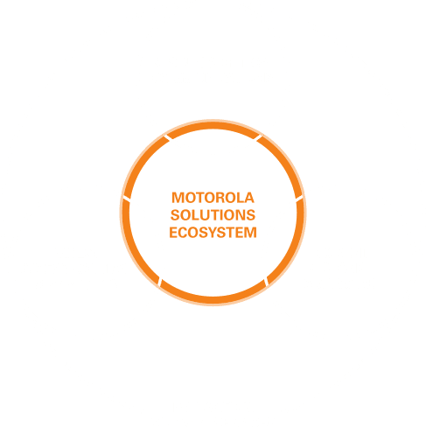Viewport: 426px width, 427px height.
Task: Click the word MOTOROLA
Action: (213, 198)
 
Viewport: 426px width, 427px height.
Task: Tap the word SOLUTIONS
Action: (213, 215)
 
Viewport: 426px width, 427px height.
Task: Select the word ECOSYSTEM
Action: (213, 233)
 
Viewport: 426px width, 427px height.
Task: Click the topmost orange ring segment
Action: (213, 126)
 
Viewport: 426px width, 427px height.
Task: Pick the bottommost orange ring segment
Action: (213, 300)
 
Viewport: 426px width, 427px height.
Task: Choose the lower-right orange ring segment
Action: (290, 248)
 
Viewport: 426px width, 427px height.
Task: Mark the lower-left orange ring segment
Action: (136, 248)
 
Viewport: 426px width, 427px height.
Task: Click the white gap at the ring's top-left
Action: (167, 137)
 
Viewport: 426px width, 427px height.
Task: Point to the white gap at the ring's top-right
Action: (258, 137)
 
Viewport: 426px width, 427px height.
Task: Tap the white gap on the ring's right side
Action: (299, 199)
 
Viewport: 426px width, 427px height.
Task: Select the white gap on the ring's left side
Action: (127, 199)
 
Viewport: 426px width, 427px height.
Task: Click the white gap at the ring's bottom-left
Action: (160, 283)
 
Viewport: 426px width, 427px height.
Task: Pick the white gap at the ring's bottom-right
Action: (266, 283)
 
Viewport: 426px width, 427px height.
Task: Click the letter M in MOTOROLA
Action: (178, 198)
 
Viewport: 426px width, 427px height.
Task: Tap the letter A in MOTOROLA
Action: (248, 198)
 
